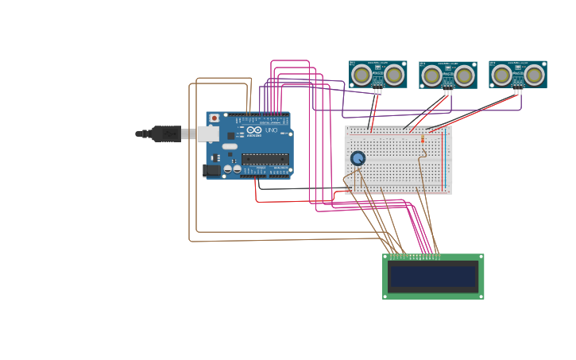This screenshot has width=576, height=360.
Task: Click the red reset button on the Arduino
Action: point(215,118)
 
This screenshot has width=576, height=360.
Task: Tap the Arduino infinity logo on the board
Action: point(254,130)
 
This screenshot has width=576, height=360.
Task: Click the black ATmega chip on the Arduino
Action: point(265,159)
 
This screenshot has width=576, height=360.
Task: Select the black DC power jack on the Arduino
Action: point(211,170)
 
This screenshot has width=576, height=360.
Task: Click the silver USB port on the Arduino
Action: point(208,134)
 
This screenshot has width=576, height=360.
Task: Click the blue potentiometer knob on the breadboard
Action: point(358,158)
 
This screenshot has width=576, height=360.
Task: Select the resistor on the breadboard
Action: point(423,140)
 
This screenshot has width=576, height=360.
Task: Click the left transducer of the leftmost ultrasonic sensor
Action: point(361,75)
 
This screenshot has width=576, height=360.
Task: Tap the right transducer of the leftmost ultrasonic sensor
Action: point(394,75)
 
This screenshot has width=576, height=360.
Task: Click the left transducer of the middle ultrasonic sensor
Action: point(431,75)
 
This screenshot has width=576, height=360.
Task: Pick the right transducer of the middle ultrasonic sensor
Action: point(464,75)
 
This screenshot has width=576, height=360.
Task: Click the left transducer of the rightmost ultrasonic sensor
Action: point(501,75)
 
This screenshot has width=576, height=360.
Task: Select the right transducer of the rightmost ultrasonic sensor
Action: point(534,75)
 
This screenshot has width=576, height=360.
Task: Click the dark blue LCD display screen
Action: point(433,277)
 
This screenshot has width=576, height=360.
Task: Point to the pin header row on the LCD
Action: point(414,257)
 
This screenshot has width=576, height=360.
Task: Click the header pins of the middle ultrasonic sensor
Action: point(448,91)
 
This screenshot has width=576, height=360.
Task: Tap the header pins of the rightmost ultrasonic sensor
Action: point(518,91)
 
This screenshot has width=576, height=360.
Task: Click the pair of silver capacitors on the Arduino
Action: point(232,168)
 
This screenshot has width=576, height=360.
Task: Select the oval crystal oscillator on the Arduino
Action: point(230,146)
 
